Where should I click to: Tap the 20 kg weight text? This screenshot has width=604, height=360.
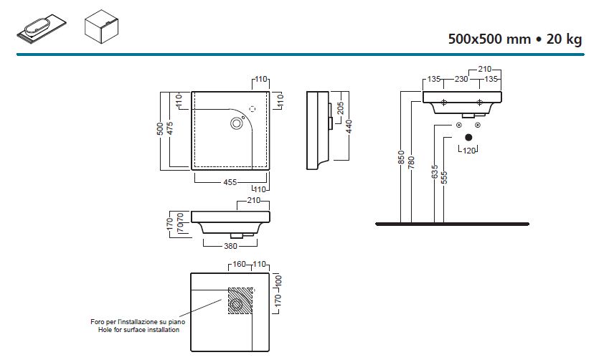[564, 39]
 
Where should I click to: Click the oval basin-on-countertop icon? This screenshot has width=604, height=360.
[44, 29]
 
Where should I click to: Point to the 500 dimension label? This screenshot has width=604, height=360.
[161, 129]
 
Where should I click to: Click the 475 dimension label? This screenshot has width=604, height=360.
[171, 129]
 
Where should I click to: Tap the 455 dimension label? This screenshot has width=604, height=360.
[230, 182]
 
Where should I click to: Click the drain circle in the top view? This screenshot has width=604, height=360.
[237, 123]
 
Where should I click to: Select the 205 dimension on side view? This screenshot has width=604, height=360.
[341, 108]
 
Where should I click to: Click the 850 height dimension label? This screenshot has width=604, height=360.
[402, 158]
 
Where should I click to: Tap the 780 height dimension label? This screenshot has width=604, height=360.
[412, 164]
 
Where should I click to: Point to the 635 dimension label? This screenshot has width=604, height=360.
[435, 173]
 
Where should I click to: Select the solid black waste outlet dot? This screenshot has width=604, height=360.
[468, 136]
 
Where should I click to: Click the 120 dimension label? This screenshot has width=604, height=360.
[469, 151]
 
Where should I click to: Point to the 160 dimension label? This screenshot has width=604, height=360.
[239, 264]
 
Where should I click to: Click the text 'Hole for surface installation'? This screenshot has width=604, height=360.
[134, 330]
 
